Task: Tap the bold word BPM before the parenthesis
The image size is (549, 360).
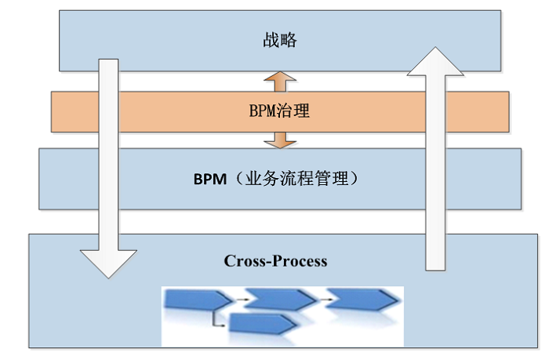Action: point(209,179)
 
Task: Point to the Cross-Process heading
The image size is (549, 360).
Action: point(275,260)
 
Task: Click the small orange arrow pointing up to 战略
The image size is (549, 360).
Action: point(280,81)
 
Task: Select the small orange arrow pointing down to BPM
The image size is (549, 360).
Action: point(280,139)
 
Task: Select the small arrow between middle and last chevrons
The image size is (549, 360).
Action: point(322,298)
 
